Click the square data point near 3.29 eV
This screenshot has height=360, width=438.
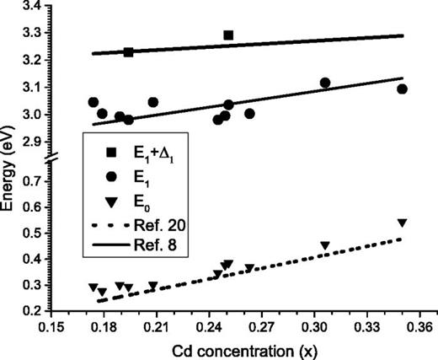click(228, 35)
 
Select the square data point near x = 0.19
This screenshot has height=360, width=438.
click(129, 52)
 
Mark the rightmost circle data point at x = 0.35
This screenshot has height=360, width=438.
click(402, 89)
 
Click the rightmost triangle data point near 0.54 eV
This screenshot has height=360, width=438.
click(402, 223)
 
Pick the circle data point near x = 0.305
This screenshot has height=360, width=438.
click(325, 83)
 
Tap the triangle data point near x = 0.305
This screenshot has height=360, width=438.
click(325, 246)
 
